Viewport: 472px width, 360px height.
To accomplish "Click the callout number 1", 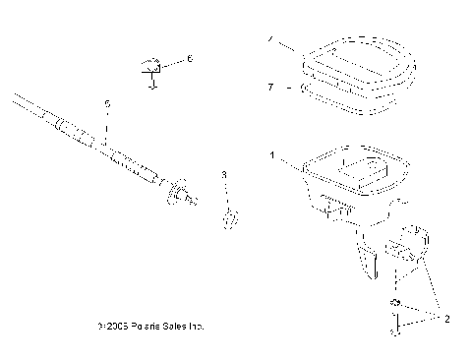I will tap(271, 154).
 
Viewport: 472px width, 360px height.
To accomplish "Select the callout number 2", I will tap(446, 320).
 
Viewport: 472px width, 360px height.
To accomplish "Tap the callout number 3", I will tap(224, 174).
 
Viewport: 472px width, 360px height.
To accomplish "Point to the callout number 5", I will tap(107, 102).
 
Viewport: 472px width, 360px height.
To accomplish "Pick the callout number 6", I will tap(190, 59).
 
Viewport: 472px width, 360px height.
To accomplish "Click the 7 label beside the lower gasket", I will tap(270, 88).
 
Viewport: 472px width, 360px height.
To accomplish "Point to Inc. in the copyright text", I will tap(193, 324).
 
